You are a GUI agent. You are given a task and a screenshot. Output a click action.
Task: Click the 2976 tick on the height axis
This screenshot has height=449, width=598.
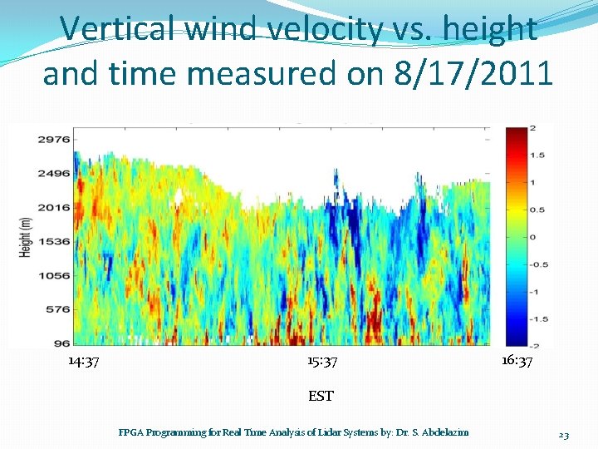(x=52, y=140)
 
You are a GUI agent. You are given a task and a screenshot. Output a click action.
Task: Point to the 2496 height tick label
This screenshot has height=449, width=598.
(x=52, y=174)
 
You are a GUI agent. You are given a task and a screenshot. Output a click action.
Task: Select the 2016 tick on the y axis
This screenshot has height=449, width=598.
(x=52, y=207)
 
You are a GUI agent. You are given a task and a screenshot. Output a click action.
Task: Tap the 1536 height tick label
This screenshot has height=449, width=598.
(x=52, y=240)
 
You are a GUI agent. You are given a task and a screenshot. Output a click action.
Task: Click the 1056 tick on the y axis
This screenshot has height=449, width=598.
(x=52, y=274)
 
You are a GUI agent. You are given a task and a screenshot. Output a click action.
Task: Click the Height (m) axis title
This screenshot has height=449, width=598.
(x=26, y=236)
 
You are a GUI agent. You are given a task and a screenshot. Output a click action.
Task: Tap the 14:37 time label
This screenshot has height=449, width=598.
(x=84, y=362)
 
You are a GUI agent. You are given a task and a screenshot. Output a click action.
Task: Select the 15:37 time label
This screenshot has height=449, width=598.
(x=321, y=362)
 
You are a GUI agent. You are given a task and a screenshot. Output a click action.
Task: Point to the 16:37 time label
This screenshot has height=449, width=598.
(x=517, y=361)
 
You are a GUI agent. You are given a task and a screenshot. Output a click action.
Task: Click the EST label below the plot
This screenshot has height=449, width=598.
(x=321, y=396)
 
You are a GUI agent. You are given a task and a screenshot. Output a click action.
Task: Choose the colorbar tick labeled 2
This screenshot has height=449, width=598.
(x=532, y=128)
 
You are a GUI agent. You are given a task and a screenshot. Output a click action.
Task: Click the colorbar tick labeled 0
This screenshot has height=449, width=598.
(x=532, y=237)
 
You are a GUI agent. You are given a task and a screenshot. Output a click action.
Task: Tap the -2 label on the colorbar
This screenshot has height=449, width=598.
(x=532, y=345)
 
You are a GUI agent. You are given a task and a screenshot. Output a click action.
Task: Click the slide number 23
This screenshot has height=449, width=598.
(x=563, y=435)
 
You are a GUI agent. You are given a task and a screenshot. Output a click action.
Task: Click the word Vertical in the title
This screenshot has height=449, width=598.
(x=119, y=29)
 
